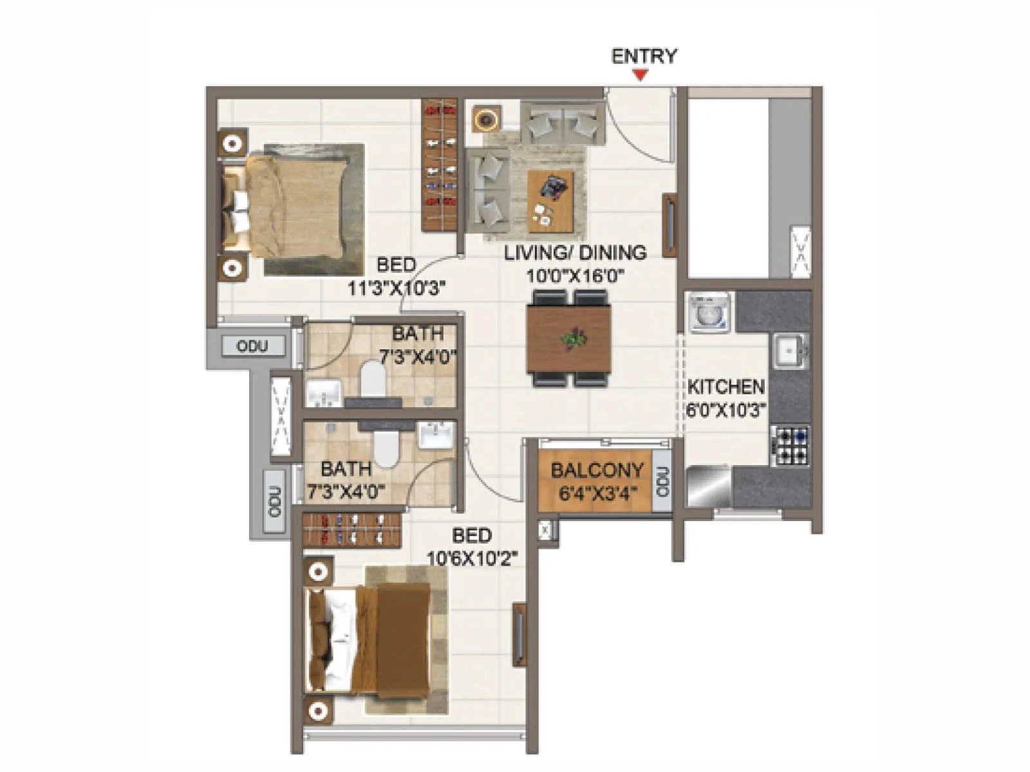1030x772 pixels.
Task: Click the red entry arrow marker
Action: (x=640, y=76)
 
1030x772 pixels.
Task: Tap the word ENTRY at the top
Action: (x=644, y=57)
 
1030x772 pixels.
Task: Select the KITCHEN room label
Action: (x=726, y=387)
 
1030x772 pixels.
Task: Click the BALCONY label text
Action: (x=597, y=471)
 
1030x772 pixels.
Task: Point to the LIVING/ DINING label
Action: (x=575, y=253)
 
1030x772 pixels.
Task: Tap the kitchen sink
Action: (x=789, y=351)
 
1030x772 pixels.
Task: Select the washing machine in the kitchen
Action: (x=709, y=313)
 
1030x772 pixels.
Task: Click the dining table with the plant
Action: (x=569, y=338)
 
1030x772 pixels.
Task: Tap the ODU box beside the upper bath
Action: (x=252, y=346)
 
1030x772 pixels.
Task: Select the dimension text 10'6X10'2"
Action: (x=473, y=557)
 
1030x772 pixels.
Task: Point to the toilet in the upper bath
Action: (x=372, y=380)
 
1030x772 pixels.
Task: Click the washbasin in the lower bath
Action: (x=436, y=436)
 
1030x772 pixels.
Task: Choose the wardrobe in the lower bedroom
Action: (x=352, y=529)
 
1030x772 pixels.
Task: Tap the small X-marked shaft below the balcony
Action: (x=547, y=531)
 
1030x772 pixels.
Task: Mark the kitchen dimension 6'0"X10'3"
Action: (x=726, y=410)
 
